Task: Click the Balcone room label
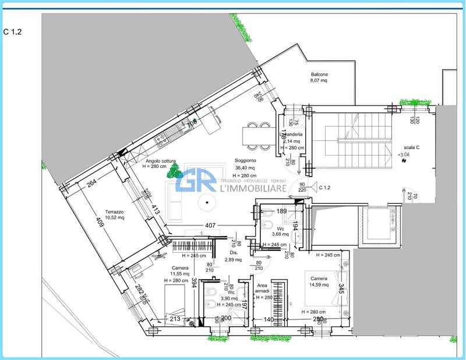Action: [x=319, y=75]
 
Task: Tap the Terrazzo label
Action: [x=115, y=211]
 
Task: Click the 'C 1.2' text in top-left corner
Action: [x=12, y=32]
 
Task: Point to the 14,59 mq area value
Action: [x=319, y=285]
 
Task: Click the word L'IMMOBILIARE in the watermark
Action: [x=253, y=188]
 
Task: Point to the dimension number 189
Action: [x=282, y=211]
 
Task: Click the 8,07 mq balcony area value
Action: [x=319, y=82]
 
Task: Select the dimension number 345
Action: [x=343, y=288]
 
